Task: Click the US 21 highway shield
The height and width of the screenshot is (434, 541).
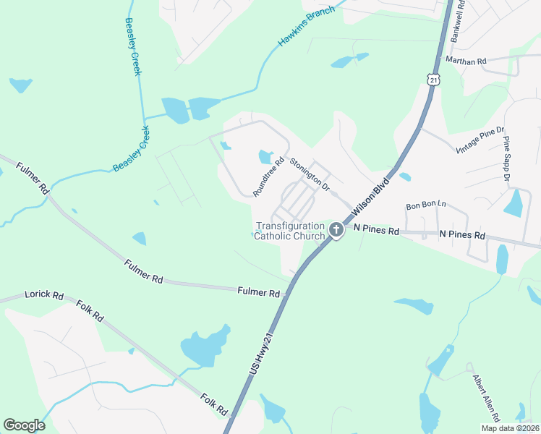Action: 433,79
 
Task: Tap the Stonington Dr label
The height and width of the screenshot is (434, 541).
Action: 309,174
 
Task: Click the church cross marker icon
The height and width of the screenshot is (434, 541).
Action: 336,230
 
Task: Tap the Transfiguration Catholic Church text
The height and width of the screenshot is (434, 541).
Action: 290,231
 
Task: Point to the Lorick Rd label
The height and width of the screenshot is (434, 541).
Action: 44,296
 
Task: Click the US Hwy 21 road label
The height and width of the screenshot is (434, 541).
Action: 263,353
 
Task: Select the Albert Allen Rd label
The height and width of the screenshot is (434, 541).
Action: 486,397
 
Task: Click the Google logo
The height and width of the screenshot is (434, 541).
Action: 24,425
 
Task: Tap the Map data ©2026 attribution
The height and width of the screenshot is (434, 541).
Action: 509,428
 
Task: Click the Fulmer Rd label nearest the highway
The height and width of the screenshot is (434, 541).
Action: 258,293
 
